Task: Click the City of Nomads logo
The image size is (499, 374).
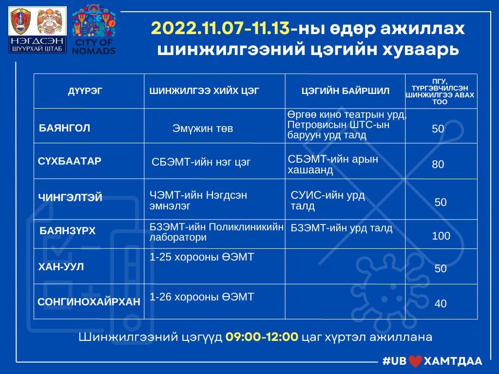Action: (x=94, y=30)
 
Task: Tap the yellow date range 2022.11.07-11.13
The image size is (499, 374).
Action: (x=220, y=28)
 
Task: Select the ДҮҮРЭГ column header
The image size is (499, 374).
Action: (x=85, y=91)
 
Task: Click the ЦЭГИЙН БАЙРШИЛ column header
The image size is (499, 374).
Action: (x=345, y=91)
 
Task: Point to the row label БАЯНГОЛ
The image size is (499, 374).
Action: (x=64, y=128)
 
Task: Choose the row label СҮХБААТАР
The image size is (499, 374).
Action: (x=69, y=161)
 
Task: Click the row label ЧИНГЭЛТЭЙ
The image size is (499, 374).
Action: (x=70, y=198)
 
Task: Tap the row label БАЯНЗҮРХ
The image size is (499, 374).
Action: (x=67, y=230)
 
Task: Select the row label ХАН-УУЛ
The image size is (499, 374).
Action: (x=61, y=266)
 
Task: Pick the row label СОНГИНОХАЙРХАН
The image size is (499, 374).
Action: (x=89, y=301)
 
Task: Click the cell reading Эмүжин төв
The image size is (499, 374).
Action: (x=203, y=129)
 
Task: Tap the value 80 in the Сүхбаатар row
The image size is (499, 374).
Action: (x=438, y=164)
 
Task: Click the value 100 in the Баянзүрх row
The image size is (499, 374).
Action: (x=441, y=236)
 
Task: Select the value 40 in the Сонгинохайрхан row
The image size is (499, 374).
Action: (x=441, y=303)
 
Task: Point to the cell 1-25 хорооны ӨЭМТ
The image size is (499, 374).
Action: (x=202, y=257)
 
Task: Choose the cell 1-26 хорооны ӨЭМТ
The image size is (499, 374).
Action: (x=202, y=297)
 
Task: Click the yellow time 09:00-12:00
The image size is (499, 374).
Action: (x=262, y=337)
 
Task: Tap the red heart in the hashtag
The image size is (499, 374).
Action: (x=415, y=361)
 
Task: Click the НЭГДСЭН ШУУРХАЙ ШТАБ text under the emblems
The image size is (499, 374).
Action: (x=37, y=45)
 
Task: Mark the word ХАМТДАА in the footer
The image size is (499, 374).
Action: (x=453, y=361)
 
